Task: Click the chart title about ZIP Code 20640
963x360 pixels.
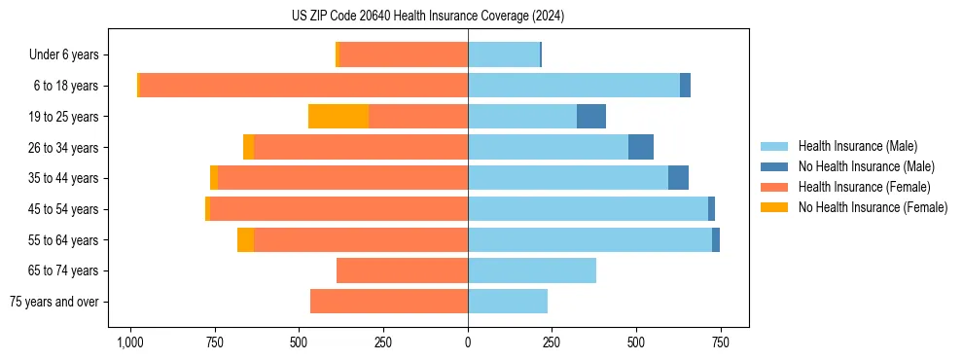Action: pos(428,16)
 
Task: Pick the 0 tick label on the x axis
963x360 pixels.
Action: pos(468,342)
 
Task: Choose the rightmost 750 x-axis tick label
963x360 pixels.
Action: pos(720,342)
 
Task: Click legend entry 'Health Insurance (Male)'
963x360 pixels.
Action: pos(857,146)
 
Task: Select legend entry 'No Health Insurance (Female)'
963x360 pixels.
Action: pos(873,207)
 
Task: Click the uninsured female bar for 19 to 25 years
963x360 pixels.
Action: pos(338,117)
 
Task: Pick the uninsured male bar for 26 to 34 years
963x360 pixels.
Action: pos(641,147)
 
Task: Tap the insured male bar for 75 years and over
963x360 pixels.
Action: pos(508,302)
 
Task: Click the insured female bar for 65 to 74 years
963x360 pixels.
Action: pos(402,270)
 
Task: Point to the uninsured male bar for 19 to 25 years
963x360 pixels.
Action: pos(591,117)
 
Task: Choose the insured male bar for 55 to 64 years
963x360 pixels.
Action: pos(589,239)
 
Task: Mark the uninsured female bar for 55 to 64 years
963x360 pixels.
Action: pos(245,239)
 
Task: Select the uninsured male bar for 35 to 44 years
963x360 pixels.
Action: pos(678,178)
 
